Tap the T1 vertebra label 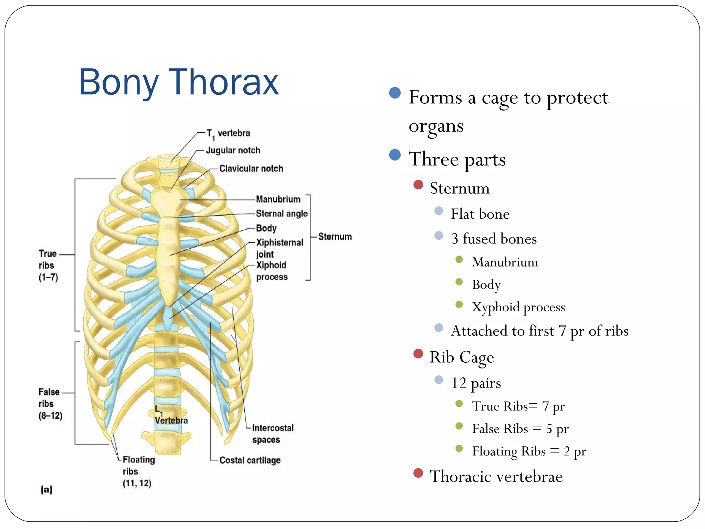tap(228, 134)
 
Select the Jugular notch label tap(233, 151)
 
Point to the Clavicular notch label tap(251, 168)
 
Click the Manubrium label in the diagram tap(278, 199)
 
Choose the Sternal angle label tap(281, 214)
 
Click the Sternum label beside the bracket tap(335, 237)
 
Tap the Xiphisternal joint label tap(279, 248)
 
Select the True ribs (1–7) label tap(48, 265)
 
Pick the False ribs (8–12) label tap(50, 404)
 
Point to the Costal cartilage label tap(250, 460)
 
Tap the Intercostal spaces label tap(272, 434)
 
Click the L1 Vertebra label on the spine tap(170, 415)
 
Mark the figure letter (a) tap(46, 489)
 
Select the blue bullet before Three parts tap(395, 155)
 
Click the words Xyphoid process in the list tap(518, 307)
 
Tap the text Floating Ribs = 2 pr tap(529, 451)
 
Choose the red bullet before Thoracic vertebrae tap(418, 473)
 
